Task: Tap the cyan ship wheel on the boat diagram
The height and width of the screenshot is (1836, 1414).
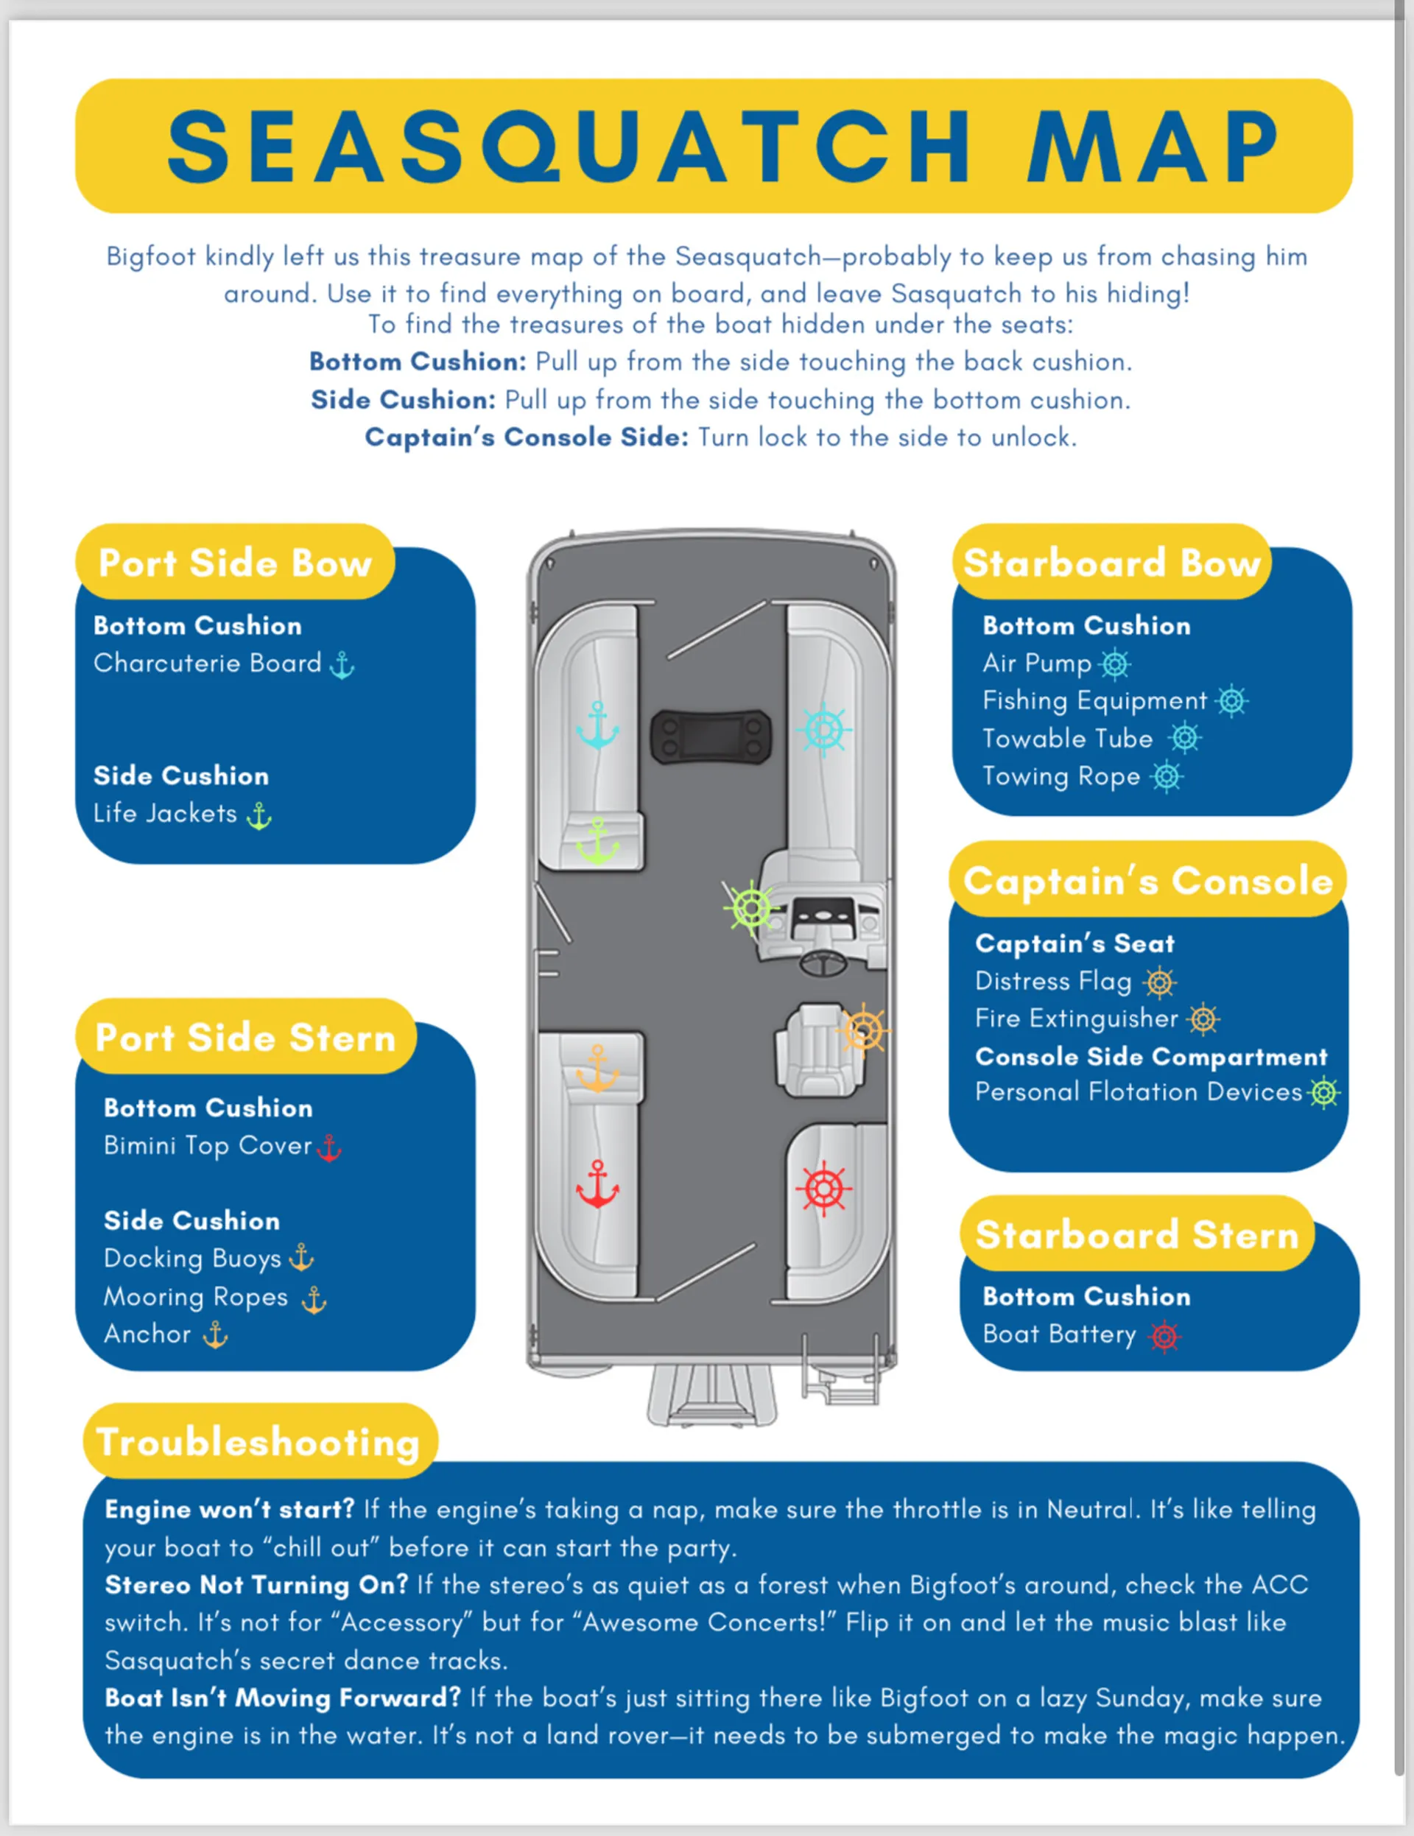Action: coord(824,730)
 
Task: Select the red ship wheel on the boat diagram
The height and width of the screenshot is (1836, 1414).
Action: coord(824,1189)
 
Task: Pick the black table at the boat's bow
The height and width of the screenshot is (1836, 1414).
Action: coord(711,737)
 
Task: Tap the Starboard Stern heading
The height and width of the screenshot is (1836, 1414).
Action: coord(1136,1235)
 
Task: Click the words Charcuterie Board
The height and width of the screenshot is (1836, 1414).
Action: coord(208,664)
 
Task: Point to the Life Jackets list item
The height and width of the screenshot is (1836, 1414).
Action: coord(166,813)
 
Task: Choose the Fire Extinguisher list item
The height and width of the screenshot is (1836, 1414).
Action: coord(1076,1018)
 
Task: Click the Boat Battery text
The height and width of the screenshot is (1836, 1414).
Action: coord(1059,1334)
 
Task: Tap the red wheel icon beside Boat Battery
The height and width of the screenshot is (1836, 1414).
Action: coord(1164,1336)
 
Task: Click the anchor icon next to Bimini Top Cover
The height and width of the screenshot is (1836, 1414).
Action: coord(329,1147)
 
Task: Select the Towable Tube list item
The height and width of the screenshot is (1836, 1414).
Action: coord(1068,738)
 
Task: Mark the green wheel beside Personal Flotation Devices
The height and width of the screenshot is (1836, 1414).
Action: coord(1324,1093)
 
